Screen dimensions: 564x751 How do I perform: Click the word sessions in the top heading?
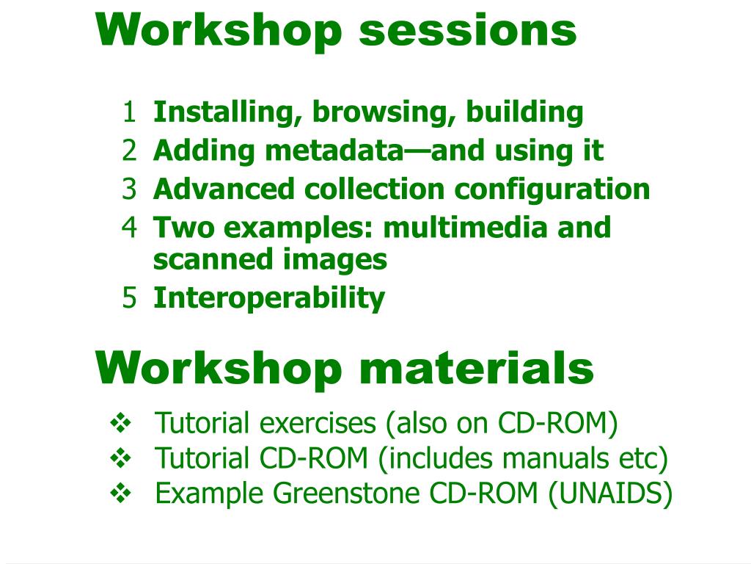point(467,31)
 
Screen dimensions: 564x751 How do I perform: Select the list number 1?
point(129,113)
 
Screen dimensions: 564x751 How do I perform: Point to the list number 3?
point(129,189)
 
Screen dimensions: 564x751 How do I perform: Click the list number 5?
point(129,298)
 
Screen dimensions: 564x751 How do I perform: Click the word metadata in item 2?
point(334,151)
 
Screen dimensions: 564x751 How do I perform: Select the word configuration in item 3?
point(552,189)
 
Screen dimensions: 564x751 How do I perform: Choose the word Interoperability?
point(268,298)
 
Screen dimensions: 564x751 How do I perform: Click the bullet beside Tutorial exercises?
point(119,423)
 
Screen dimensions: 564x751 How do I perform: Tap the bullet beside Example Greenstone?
point(119,492)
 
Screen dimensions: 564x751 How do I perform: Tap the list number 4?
point(129,228)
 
